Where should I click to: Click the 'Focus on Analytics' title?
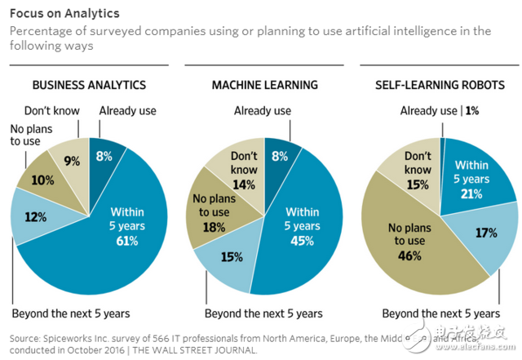tap(64, 14)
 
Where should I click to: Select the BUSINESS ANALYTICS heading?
tap(89, 85)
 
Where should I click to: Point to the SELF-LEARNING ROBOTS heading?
tap(440, 85)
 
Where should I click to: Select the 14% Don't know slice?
tap(243, 173)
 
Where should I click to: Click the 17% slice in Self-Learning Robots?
tap(486, 233)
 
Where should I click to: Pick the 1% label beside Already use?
tap(472, 111)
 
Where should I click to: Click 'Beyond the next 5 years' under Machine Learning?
tap(263, 313)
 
